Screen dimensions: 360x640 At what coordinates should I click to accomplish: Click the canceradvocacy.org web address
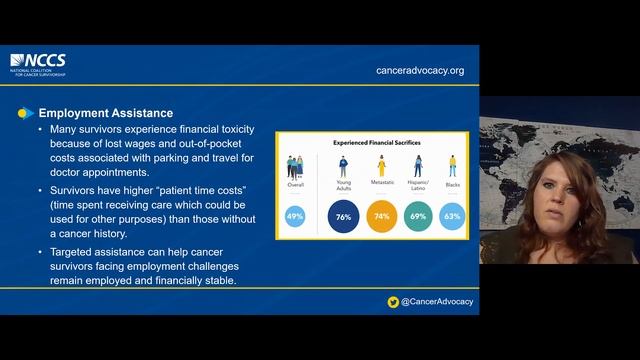[x=420, y=71]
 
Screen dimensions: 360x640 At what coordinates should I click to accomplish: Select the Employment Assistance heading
[x=105, y=113]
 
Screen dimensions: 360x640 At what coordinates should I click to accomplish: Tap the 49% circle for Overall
[x=295, y=216]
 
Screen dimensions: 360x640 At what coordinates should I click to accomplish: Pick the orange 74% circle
[x=382, y=216]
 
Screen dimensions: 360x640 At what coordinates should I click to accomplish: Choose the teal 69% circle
[x=417, y=216]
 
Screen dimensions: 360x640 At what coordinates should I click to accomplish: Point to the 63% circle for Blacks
[x=451, y=216]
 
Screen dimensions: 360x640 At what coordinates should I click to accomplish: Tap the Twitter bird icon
[x=394, y=301]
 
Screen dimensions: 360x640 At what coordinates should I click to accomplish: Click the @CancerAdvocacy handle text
[x=435, y=301]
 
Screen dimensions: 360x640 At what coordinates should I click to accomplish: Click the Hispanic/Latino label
[x=417, y=187]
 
